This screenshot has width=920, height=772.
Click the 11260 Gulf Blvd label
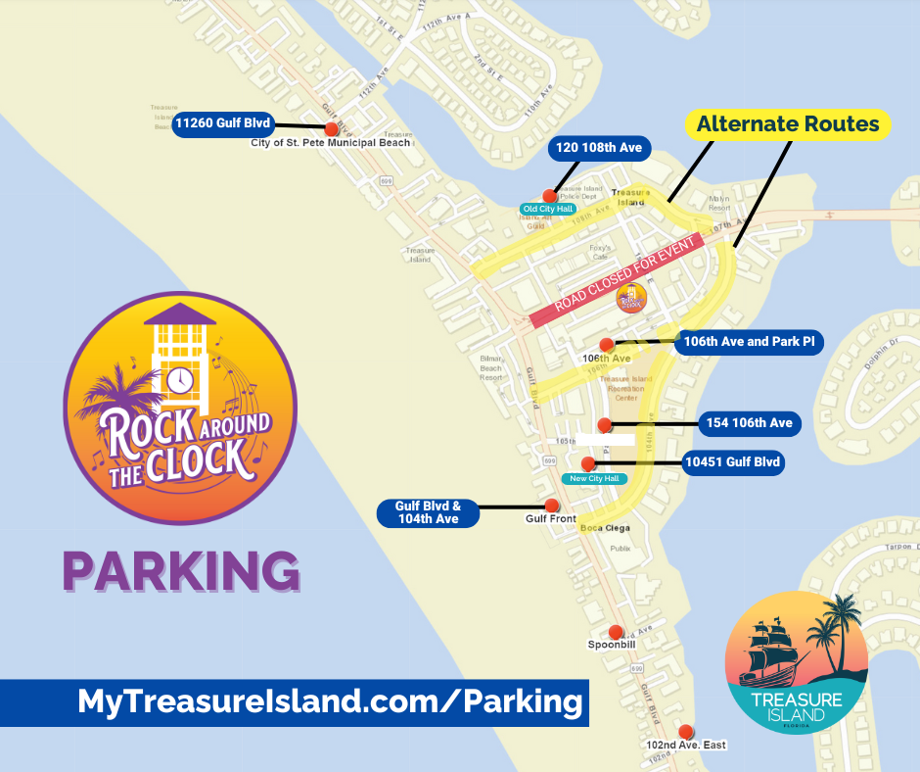[222, 124]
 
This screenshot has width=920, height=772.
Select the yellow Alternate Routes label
[788, 124]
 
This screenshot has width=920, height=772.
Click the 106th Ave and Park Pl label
[749, 342]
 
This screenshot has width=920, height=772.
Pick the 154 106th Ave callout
[750, 423]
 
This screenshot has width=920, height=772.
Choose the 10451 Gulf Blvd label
[733, 462]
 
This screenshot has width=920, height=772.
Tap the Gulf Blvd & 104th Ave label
[428, 512]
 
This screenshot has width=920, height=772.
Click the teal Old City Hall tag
[548, 209]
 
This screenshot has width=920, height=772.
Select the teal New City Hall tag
[594, 478]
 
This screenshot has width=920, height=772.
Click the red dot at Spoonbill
[616, 632]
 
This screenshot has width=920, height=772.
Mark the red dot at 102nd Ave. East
[686, 731]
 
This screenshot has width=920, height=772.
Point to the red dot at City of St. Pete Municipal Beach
[332, 129]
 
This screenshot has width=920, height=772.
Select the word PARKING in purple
[181, 572]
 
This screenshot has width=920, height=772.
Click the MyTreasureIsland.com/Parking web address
[330, 701]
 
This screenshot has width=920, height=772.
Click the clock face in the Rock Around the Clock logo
[178, 379]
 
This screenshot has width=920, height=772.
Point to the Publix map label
[620, 549]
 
